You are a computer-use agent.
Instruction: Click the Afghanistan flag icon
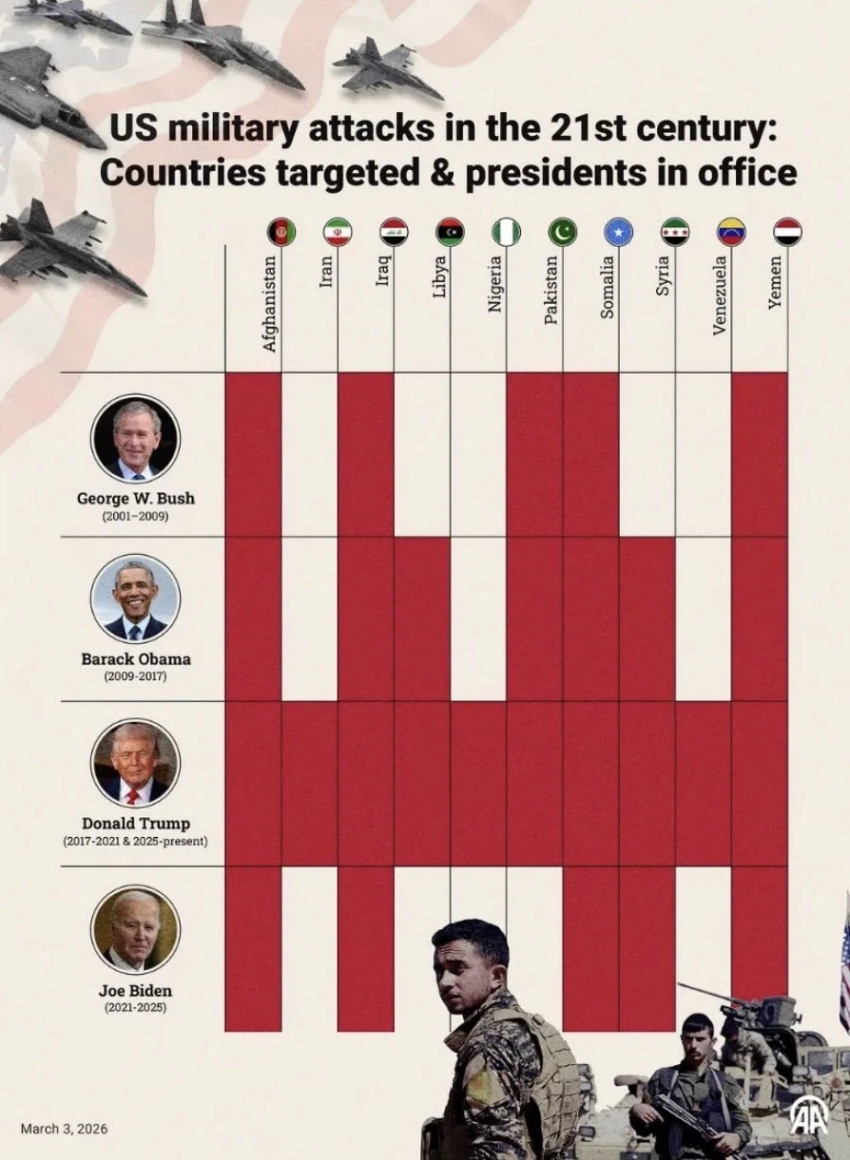[281, 232]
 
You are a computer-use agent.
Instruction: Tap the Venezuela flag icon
[731, 232]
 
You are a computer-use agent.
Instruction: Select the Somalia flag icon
[619, 232]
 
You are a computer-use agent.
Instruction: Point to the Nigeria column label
[495, 285]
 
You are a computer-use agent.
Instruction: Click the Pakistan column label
[551, 291]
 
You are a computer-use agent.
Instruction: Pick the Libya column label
[439, 276]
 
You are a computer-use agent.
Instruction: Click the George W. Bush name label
[135, 497]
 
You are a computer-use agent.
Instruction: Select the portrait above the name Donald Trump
[135, 763]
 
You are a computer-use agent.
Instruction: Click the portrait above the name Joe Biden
[135, 929]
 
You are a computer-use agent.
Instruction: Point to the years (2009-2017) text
[135, 676]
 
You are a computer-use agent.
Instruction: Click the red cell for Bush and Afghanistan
[253, 454]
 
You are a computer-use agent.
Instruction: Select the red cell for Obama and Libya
[421, 618]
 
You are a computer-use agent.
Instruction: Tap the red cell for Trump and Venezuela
[703, 784]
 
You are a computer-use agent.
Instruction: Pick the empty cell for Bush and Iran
[309, 454]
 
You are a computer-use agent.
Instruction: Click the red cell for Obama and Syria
[647, 618]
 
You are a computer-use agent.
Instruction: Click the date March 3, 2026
[64, 1129]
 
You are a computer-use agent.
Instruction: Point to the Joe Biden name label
[135, 991]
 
